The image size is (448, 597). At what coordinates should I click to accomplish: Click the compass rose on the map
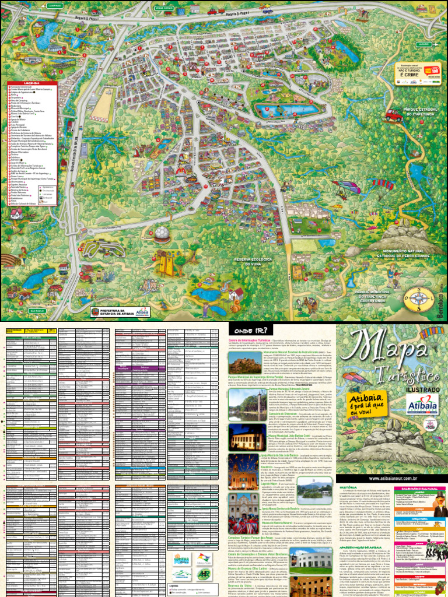coord(416,298)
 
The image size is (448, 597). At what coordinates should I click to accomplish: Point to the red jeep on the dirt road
coord(392,114)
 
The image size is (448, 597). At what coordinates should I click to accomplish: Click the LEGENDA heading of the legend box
coord(33,83)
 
